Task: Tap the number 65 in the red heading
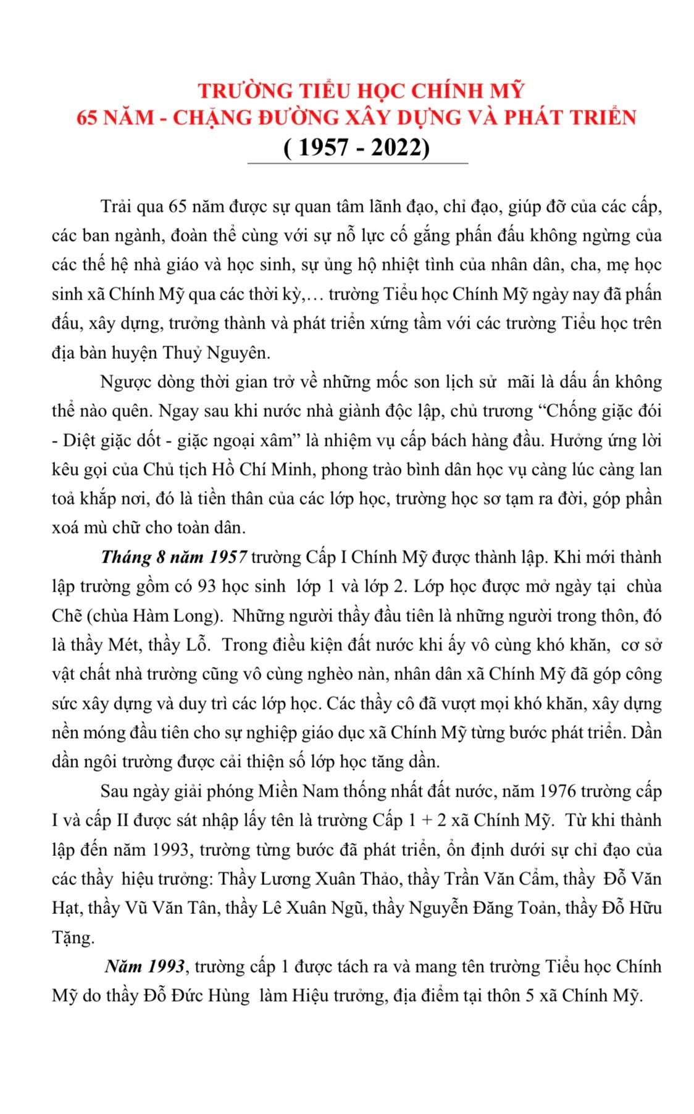[x=87, y=118]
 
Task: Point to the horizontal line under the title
[x=357, y=164]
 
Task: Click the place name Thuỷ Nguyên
[x=216, y=353]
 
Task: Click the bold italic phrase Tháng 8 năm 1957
[x=174, y=557]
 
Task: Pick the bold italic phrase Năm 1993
[x=145, y=966]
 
